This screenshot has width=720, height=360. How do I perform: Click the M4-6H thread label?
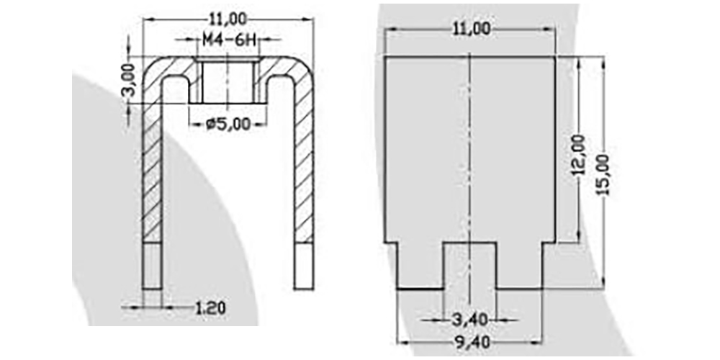[228, 41]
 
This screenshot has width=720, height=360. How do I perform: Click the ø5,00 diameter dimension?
[228, 124]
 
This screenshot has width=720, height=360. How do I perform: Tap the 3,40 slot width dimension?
[469, 318]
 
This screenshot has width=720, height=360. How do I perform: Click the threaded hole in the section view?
[228, 81]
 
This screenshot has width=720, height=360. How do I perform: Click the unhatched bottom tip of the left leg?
[153, 266]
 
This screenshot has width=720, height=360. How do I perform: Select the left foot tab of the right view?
[420, 266]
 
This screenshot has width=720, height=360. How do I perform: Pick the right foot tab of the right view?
[519, 266]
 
